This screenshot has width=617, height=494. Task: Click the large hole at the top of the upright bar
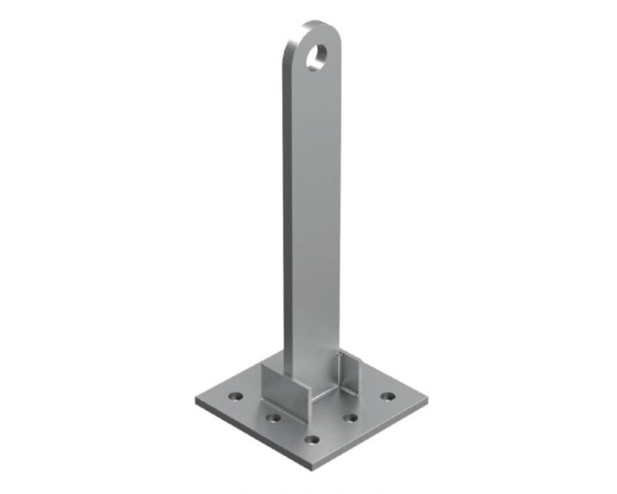317,56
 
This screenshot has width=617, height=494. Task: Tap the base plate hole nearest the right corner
387,395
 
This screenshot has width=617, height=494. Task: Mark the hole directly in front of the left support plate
274,418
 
